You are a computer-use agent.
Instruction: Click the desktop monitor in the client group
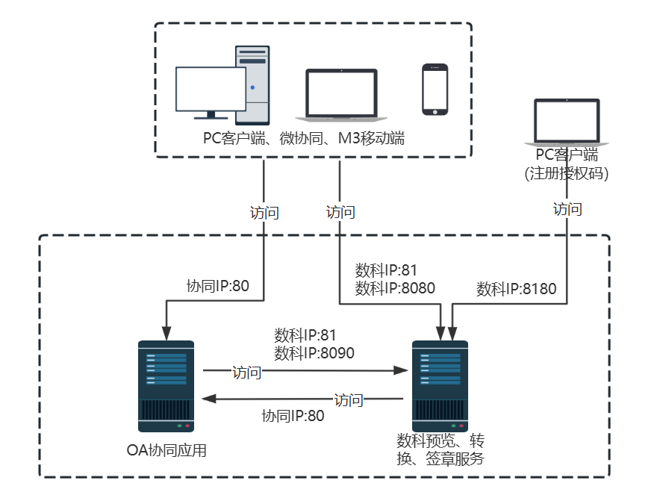click(211, 90)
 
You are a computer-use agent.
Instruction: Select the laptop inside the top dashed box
click(341, 96)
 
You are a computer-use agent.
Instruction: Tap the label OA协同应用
click(166, 450)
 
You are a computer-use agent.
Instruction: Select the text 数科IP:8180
click(517, 289)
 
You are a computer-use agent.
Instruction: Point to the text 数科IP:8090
click(314, 352)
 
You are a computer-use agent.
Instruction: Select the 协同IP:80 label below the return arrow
click(293, 416)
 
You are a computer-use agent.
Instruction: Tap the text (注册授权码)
click(567, 173)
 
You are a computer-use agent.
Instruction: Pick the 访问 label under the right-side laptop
click(567, 209)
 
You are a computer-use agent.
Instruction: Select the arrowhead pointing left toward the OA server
click(211, 399)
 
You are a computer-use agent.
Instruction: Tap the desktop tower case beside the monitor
click(252, 84)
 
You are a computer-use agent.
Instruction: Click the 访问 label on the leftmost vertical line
click(264, 213)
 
